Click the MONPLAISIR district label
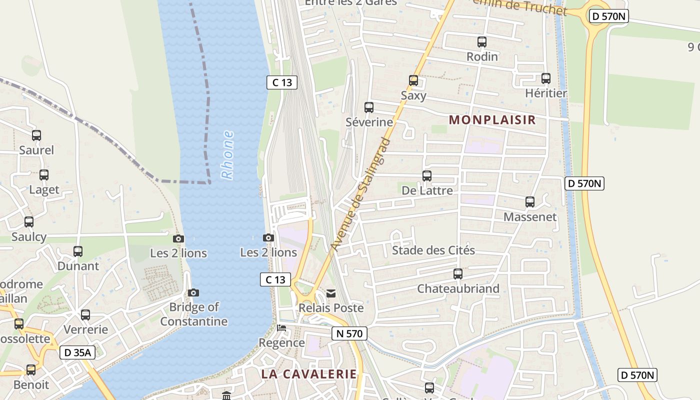(x=492, y=120)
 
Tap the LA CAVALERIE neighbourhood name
(x=309, y=374)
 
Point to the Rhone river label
(x=227, y=155)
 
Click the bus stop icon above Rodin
(x=482, y=42)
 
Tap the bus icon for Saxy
(x=413, y=80)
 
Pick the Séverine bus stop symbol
(x=369, y=107)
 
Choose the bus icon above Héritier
(x=546, y=78)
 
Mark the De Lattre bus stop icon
(x=427, y=176)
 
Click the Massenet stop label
(x=530, y=217)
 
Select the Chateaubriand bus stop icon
(x=458, y=274)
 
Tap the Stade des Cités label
(x=433, y=250)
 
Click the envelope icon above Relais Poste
(x=330, y=293)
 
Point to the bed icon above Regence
(x=282, y=328)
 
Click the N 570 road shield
(x=349, y=333)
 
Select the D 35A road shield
(x=77, y=352)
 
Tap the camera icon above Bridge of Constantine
(x=193, y=292)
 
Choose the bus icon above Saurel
(x=36, y=135)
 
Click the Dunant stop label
(x=78, y=266)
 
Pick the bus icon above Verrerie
(x=85, y=315)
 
